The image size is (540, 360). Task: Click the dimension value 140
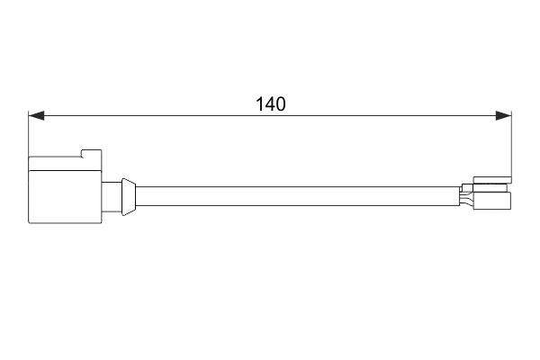270,103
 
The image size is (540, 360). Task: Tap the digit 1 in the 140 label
260,103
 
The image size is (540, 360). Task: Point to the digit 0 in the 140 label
280,103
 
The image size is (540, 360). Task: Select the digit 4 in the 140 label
270,103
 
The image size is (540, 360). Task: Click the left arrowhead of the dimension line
36,115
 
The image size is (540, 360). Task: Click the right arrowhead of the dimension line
504,115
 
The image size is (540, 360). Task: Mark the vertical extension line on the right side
511,144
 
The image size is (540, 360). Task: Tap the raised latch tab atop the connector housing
91,153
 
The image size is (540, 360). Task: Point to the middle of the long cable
297,195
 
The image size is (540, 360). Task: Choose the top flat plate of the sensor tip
492,179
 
